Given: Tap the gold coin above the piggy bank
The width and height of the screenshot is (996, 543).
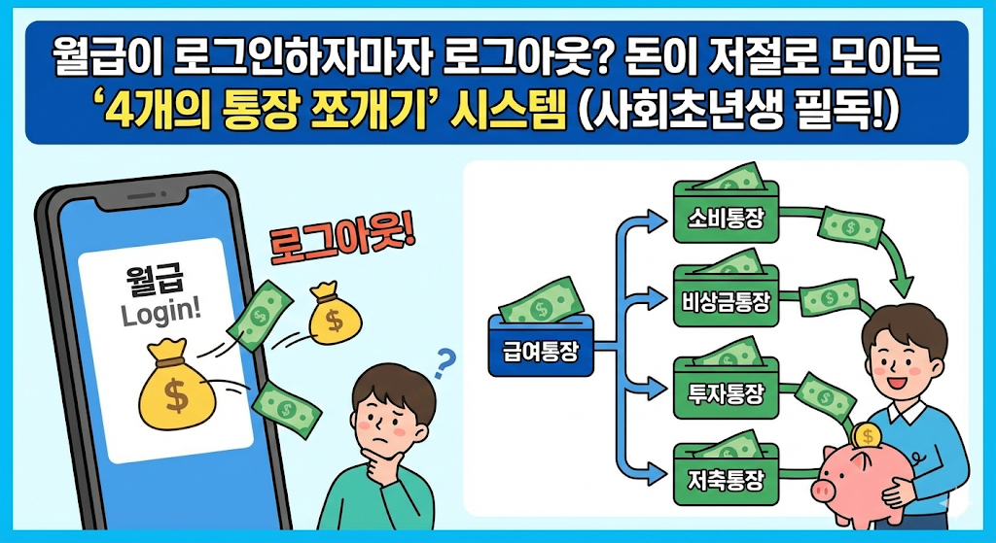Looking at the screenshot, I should pos(864,434).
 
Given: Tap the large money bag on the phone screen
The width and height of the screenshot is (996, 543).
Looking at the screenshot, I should pos(175,390).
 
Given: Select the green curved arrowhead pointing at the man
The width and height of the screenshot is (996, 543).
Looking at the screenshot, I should pos(902,286).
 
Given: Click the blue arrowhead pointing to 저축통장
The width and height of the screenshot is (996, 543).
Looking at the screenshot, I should pos(663,476).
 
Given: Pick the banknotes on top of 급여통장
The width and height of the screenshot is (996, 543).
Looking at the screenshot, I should pos(540,301).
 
